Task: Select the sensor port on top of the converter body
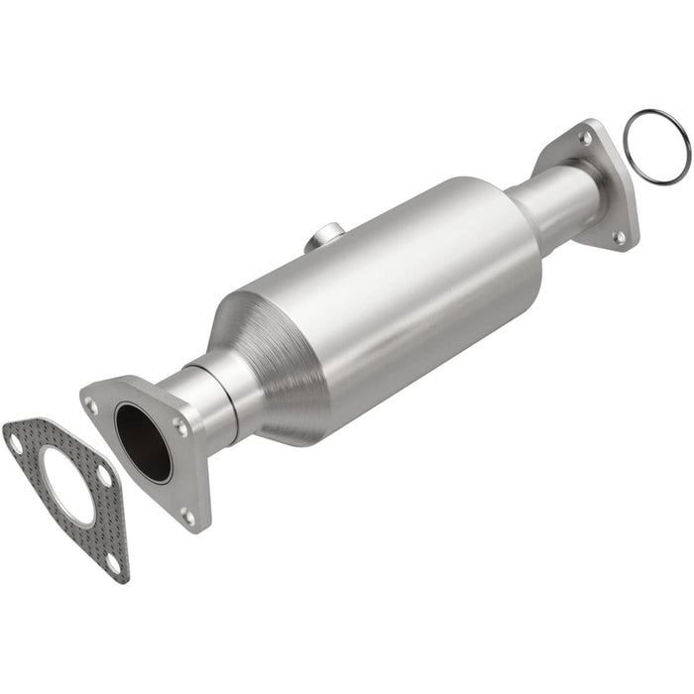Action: pyautogui.click(x=323, y=237)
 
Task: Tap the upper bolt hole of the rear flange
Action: pyautogui.click(x=585, y=139)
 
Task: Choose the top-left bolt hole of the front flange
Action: pyautogui.click(x=92, y=405)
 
